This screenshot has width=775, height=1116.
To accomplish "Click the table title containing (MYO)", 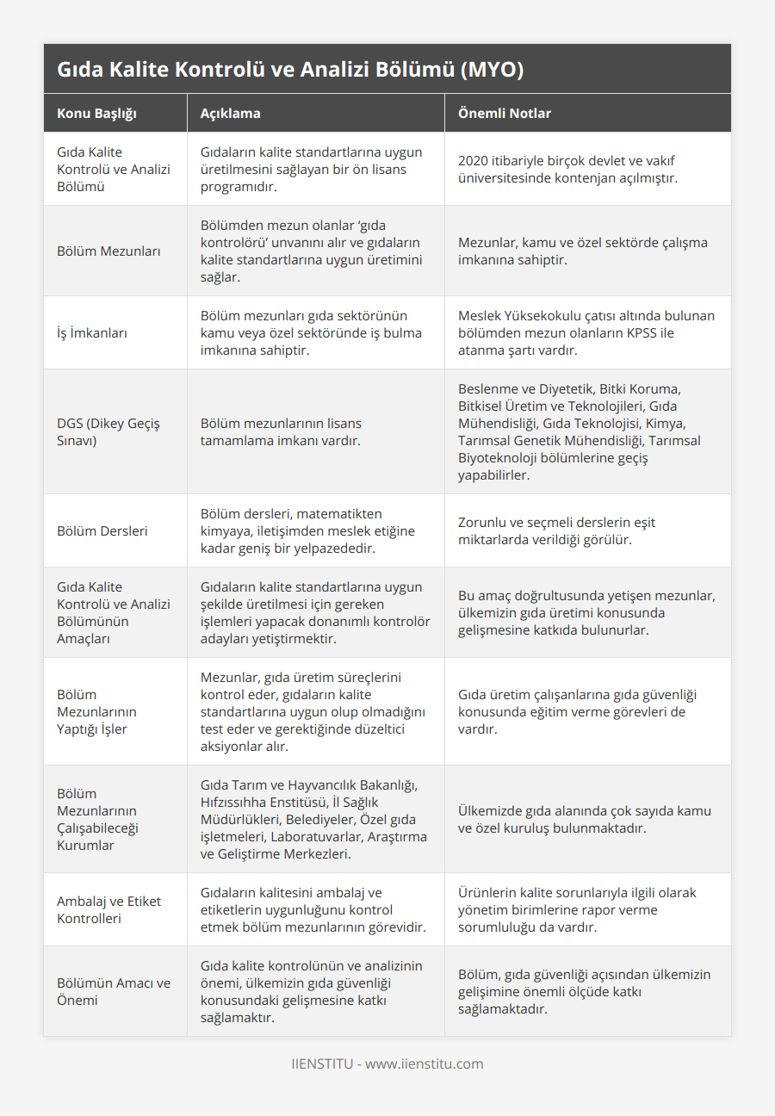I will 290,70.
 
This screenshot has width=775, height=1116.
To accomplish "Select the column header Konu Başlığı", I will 96,114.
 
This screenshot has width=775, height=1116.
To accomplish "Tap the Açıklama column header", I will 230,114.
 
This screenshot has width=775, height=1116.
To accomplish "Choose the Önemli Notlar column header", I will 505,114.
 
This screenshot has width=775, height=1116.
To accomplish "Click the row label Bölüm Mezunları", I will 97,251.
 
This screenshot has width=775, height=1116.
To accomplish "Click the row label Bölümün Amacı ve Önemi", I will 114,991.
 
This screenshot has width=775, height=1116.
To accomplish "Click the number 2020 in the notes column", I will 474,161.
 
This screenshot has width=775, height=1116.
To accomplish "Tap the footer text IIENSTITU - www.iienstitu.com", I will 387,1063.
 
